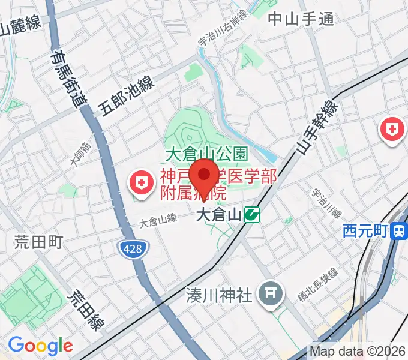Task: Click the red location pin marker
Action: click(x=204, y=176)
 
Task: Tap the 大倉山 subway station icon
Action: click(x=252, y=214)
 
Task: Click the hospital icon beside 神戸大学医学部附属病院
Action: click(x=142, y=184)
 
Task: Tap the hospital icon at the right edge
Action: click(x=392, y=129)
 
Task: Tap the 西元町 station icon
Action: click(x=398, y=230)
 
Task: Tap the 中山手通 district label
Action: click(x=300, y=19)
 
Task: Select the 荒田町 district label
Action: click(x=38, y=242)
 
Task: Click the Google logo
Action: click(x=40, y=346)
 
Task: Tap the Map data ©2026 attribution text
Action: click(x=358, y=351)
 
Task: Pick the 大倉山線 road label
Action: click(x=158, y=220)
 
